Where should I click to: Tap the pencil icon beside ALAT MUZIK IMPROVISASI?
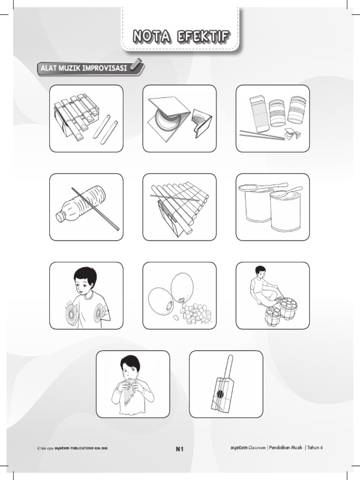pyautogui.click(x=136, y=65)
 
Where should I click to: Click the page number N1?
pyautogui.click(x=180, y=449)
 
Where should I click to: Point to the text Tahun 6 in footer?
pyautogui.click(x=315, y=448)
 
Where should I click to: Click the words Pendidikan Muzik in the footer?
pyautogui.click(x=287, y=448)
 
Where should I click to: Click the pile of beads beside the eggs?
pyautogui.click(x=196, y=313)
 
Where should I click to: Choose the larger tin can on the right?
pyautogui.click(x=285, y=212)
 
